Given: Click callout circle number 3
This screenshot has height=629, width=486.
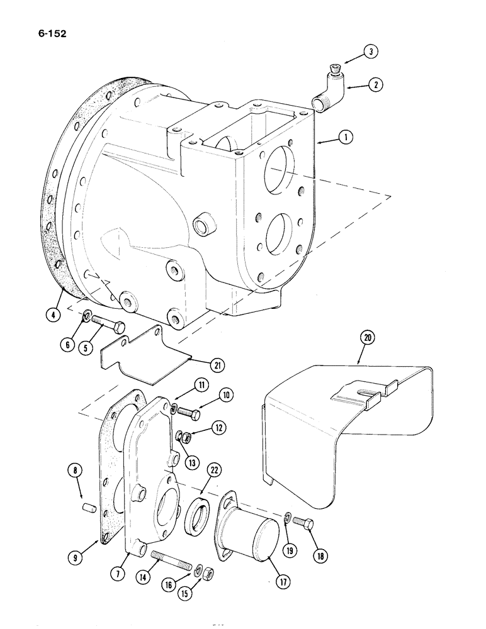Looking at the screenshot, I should click(372, 53).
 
